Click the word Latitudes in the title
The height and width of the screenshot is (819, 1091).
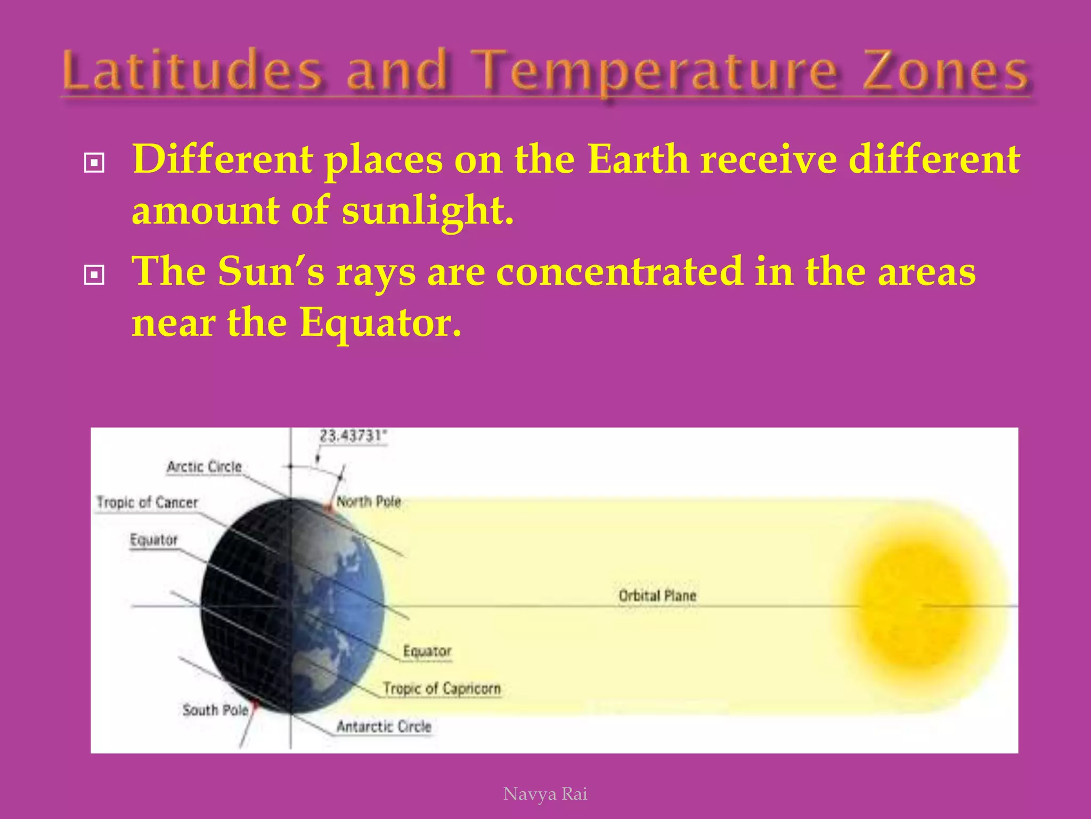[x=192, y=71]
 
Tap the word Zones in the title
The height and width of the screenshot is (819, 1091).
[x=946, y=71]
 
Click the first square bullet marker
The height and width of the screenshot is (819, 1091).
[x=94, y=163]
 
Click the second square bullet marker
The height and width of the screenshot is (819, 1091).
[x=94, y=275]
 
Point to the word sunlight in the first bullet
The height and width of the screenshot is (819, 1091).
[x=428, y=210]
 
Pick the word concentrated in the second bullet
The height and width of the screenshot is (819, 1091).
[x=619, y=271]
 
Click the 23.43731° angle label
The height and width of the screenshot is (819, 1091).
[x=352, y=436]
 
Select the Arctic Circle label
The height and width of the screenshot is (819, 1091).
[x=204, y=467]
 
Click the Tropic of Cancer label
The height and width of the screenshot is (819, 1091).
[x=147, y=502]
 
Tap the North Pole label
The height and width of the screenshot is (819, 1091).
[x=369, y=502]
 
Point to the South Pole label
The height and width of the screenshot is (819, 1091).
[x=215, y=710]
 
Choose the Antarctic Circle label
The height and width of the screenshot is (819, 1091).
[x=384, y=727]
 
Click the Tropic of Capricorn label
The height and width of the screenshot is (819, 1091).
[x=442, y=688]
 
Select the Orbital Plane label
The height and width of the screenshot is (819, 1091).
[x=657, y=596]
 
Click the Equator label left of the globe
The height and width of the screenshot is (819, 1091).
[x=153, y=540]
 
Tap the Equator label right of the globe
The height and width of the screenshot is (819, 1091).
[x=427, y=651]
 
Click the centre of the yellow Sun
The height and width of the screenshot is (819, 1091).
[x=917, y=605]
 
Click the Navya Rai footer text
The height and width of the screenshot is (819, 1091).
[x=545, y=794]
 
